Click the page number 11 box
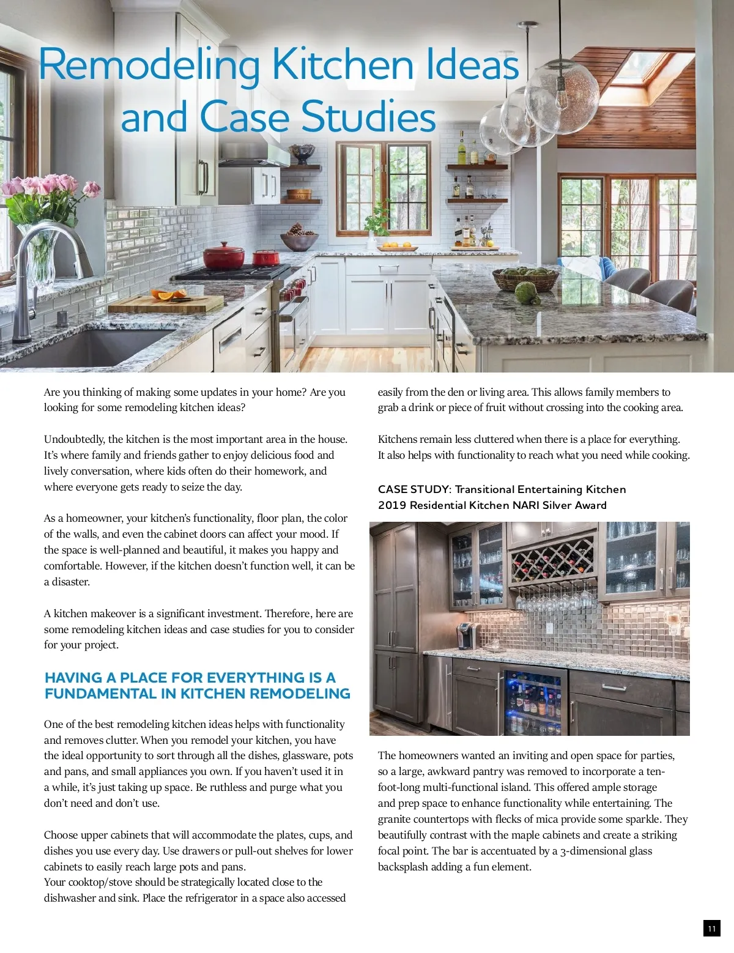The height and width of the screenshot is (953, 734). (711, 928)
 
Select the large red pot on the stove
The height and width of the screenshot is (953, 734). (223, 256)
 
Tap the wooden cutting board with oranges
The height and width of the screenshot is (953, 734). (166, 302)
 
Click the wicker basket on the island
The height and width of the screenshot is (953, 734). (525, 279)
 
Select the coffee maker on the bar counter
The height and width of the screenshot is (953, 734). (467, 636)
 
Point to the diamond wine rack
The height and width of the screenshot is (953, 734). (552, 558)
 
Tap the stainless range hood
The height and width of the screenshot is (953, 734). (252, 155)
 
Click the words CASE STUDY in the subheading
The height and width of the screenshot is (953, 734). (414, 489)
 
